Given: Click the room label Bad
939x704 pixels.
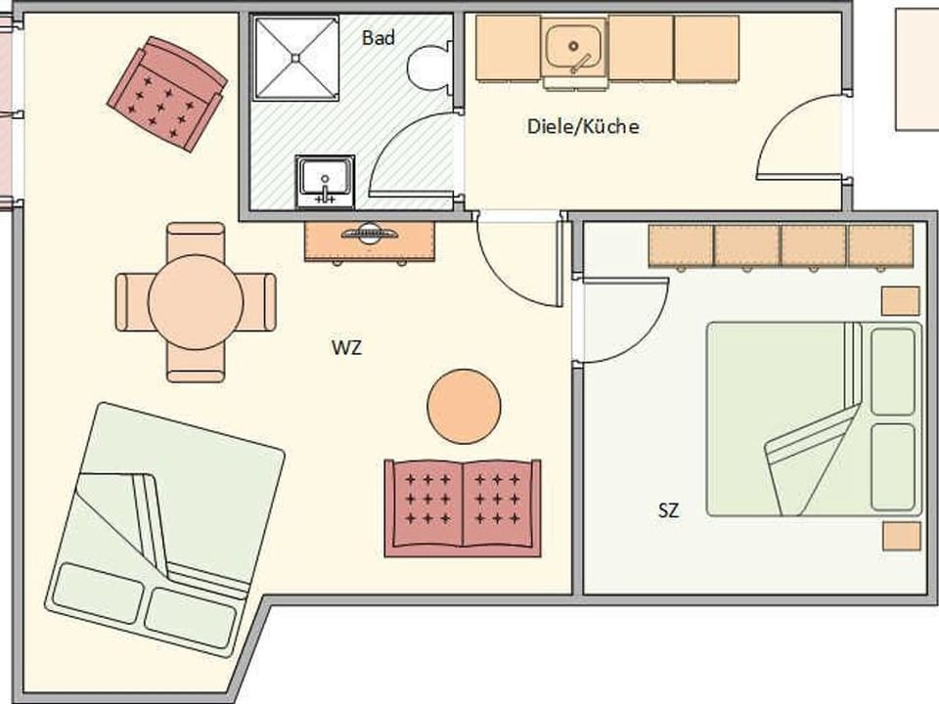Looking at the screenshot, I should [x=379, y=38].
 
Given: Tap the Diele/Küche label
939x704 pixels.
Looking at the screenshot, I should [x=583, y=126].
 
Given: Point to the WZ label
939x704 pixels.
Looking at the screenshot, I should [x=346, y=347].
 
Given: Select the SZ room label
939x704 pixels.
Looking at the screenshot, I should [x=669, y=509].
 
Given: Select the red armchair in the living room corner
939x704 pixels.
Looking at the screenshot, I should [x=167, y=93].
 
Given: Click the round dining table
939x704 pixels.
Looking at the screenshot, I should [x=196, y=301].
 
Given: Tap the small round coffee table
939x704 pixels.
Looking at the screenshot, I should [x=465, y=406].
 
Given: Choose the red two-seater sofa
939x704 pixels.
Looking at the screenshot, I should [x=462, y=507].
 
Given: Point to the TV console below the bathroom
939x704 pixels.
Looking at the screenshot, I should [x=370, y=241].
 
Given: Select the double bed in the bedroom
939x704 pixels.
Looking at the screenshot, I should [x=814, y=418].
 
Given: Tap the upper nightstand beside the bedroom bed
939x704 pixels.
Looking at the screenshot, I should [x=900, y=301].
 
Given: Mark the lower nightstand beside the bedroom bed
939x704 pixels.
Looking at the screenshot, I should [x=901, y=536].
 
